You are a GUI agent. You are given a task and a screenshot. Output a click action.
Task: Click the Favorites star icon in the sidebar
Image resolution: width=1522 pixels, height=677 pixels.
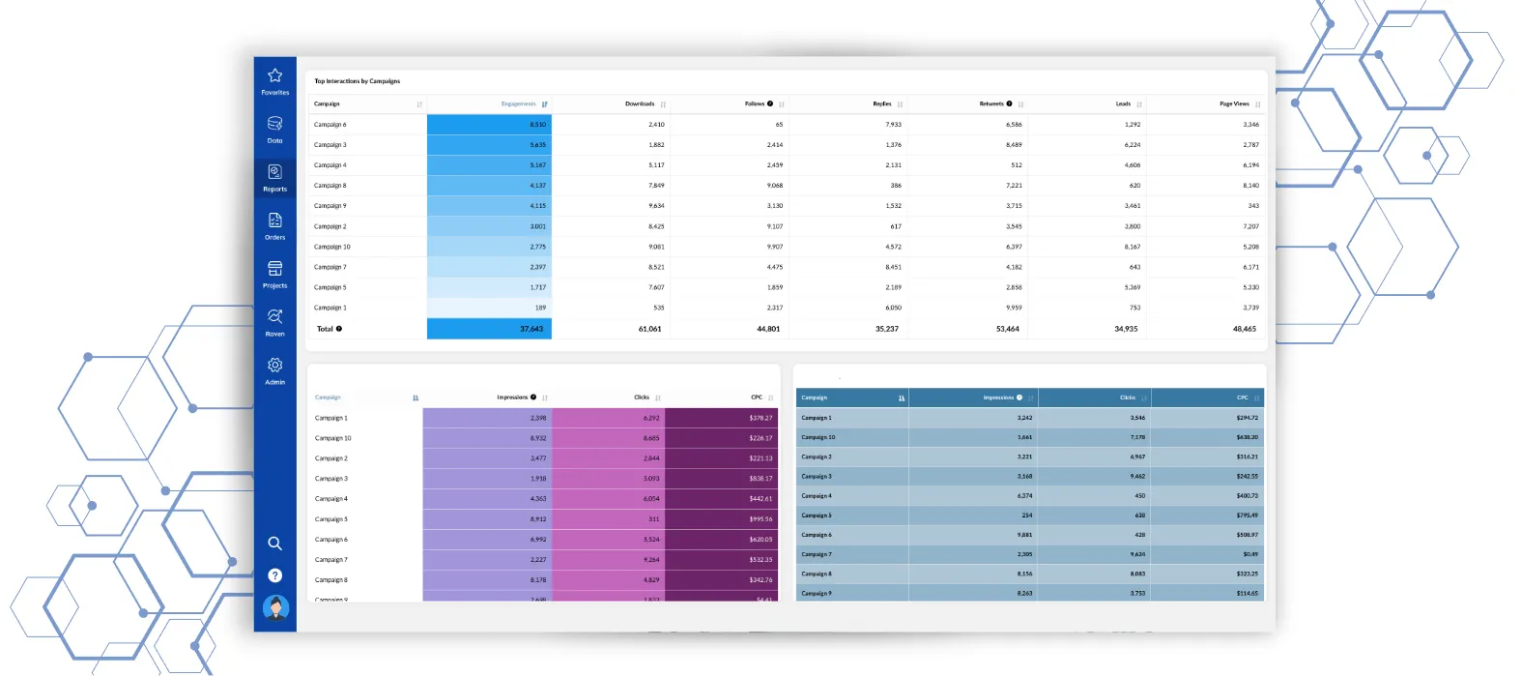274,76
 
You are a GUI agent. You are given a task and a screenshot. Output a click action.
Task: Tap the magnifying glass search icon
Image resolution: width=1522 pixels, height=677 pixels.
274,544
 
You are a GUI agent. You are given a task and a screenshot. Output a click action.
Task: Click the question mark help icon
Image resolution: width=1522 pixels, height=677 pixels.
274,575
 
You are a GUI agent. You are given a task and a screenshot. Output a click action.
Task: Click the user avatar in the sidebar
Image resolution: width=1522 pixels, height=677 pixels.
275,608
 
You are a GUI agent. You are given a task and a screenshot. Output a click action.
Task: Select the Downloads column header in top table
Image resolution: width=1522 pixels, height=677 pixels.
640,103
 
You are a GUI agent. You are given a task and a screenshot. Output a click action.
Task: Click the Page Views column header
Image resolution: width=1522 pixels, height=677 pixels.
1234,103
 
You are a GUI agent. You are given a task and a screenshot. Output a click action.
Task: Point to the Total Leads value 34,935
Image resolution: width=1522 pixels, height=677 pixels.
1126,329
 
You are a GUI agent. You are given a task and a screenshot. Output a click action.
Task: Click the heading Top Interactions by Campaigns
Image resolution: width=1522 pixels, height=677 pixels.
357,81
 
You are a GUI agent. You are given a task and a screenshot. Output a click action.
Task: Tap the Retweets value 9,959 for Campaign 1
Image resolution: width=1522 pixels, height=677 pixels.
1013,308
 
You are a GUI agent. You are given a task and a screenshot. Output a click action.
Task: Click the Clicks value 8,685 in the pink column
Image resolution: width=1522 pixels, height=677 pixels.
651,438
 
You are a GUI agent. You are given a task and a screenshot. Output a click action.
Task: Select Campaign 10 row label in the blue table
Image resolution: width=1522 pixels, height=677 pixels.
818,437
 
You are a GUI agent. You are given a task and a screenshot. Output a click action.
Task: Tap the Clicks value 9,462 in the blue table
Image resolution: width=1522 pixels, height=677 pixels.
1137,476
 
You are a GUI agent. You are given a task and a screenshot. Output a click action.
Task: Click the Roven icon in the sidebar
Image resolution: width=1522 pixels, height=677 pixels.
274,318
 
